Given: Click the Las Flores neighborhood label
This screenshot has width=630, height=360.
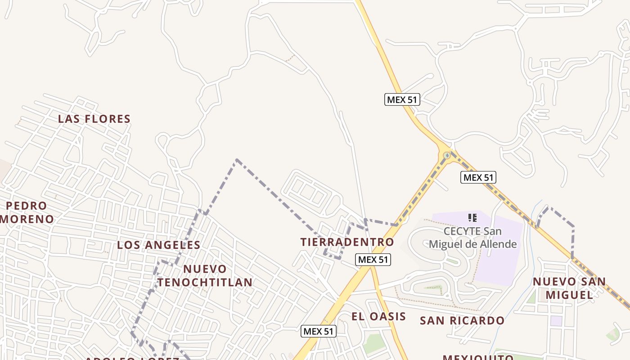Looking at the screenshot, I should tap(94, 119).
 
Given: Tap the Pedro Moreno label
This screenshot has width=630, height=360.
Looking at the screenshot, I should tap(27, 212).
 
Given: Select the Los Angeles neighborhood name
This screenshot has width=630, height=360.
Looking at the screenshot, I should tap(158, 245).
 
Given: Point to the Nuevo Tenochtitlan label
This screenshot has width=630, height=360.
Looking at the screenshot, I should tap(205, 275).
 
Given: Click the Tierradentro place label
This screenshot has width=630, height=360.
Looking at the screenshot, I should tap(347, 242).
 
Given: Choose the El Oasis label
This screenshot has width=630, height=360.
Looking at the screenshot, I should tap(378, 316).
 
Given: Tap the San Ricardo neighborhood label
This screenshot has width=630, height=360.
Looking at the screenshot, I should tap(462, 320).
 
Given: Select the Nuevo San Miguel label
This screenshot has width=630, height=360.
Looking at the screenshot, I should tap(569, 288).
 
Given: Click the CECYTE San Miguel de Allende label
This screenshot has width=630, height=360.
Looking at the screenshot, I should tap(472, 238).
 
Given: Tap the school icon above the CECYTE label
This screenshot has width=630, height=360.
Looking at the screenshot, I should tap(472, 218).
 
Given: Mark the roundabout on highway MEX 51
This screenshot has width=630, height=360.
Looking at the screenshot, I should tap(446, 156).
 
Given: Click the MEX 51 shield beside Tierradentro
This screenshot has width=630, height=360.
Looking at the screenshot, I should tap(373, 260).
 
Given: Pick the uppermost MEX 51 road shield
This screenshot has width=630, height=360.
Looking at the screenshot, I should tap(402, 99).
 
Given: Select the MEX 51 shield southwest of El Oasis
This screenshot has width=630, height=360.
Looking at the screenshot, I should tap(319, 332).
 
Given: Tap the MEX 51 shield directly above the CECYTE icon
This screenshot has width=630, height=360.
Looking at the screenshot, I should tap(478, 177).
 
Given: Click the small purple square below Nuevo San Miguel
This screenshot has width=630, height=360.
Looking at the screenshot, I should tap(557, 321).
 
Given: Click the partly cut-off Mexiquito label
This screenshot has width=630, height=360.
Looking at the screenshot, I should tap(478, 357).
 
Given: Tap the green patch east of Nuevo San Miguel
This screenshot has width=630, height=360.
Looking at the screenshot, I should tap(613, 333).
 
